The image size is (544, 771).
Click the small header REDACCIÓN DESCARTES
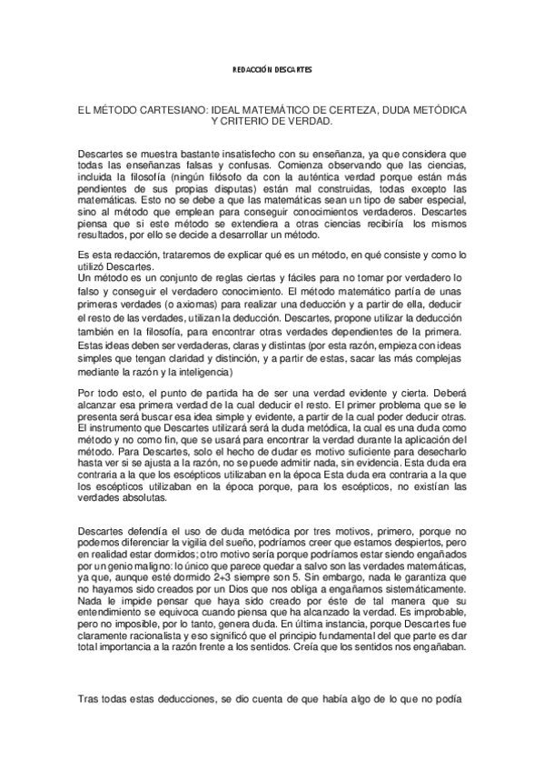tap(272, 70)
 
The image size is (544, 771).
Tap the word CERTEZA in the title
tap(360, 109)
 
